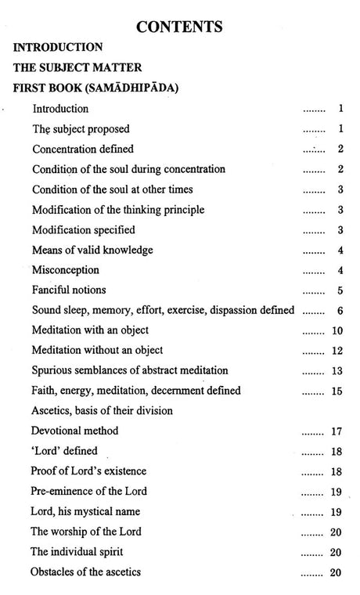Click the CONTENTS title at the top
click(179, 27)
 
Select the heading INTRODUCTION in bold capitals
click(58, 48)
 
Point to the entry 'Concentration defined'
click(83, 149)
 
